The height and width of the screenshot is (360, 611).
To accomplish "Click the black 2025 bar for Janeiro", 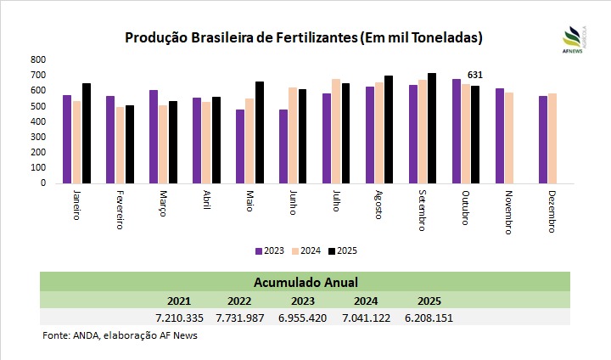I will (87, 133).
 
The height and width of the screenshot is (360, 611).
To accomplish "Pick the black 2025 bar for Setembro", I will (432, 128).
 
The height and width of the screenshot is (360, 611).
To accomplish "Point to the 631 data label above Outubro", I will (476, 76).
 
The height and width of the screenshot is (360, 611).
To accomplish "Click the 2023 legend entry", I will (271, 250).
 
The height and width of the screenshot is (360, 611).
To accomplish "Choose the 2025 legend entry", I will (343, 250).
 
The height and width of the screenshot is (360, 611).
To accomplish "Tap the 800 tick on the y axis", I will (38, 60).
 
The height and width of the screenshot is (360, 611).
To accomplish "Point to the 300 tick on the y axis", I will (38, 137).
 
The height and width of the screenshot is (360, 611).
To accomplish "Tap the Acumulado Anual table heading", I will (305, 282).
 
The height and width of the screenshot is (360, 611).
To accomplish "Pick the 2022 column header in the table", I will (240, 301).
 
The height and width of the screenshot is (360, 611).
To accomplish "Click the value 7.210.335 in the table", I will (179, 318).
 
